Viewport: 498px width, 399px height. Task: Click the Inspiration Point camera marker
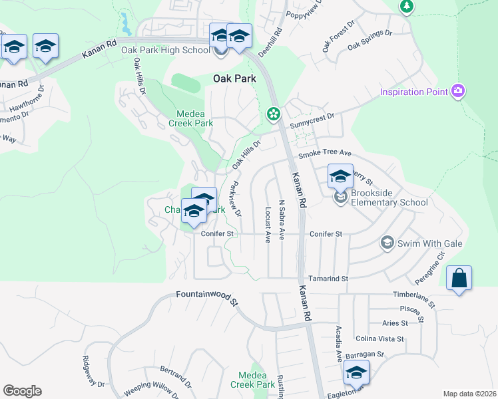pyautogui.click(x=457, y=92)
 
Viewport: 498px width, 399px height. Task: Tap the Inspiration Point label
pyautogui.click(x=414, y=92)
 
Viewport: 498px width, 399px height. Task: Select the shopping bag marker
pyautogui.click(x=459, y=278)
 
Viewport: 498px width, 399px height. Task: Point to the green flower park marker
pyautogui.click(x=273, y=114)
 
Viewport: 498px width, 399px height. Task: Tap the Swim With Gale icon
pyautogui.click(x=387, y=243)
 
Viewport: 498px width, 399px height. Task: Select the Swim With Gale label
pyautogui.click(x=430, y=243)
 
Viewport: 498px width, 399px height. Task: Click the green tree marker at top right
pyautogui.click(x=407, y=7)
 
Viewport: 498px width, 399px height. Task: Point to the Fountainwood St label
pyautogui.click(x=207, y=297)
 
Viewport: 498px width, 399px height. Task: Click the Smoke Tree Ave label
pyautogui.click(x=324, y=154)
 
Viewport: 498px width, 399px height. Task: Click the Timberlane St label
pyautogui.click(x=413, y=298)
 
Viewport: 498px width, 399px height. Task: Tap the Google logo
pyautogui.click(x=22, y=391)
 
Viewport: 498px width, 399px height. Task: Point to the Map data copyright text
pyautogui.click(x=469, y=394)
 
